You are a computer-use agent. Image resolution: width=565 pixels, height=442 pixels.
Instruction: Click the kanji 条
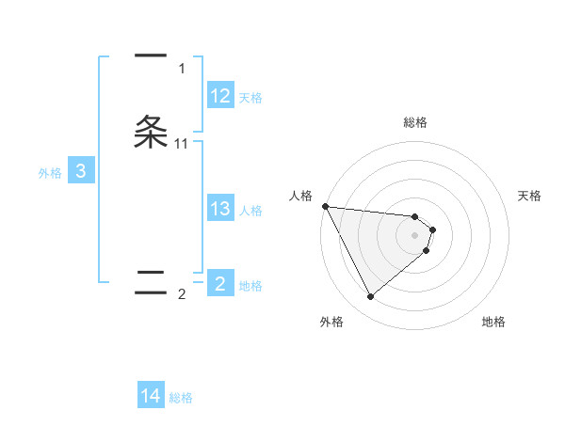pos(151,132)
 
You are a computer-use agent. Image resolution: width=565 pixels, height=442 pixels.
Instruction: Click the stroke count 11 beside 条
pos(182,144)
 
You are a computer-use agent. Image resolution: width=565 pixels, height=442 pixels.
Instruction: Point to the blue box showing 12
pos(220,96)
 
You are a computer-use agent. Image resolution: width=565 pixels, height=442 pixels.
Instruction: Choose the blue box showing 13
pos(220,209)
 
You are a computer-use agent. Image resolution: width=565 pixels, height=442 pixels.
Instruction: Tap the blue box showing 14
pos(151,397)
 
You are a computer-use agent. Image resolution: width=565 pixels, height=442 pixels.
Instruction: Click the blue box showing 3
pos(81,171)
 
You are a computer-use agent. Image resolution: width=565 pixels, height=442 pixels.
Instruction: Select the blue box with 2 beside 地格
pos(220,284)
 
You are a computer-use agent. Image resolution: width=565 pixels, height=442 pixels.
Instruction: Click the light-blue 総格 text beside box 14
pos(181,398)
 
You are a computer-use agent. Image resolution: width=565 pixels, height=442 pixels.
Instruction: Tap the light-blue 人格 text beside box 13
pos(251,210)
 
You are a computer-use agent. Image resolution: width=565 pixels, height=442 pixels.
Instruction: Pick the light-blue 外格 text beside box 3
pos(50,172)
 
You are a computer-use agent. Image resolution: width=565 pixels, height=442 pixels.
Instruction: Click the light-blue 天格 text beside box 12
pos(251,97)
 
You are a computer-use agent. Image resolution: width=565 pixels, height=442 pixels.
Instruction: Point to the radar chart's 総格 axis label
pos(414,122)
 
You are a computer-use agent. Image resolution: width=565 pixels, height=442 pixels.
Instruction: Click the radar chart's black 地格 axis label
pos(493,322)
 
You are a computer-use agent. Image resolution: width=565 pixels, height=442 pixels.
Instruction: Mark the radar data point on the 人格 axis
pos(325,206)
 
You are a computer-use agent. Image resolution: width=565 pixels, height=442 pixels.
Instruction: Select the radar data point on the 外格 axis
pos(370,297)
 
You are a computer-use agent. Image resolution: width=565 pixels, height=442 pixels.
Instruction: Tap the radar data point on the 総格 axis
pos(414,214)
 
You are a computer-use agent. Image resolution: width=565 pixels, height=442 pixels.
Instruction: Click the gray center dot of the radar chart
pos(414,235)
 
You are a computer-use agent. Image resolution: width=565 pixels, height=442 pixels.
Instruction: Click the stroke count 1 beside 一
pos(182,68)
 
